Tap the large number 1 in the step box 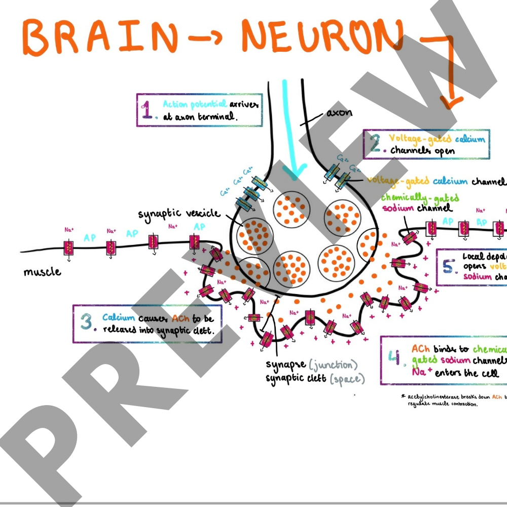pos(148,110)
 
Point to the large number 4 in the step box pos(394,357)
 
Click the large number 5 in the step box pos(448,267)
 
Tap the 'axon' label pos(339,112)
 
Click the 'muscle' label pos(42,272)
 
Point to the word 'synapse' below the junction pos(285,365)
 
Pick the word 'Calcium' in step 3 pos(119,318)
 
